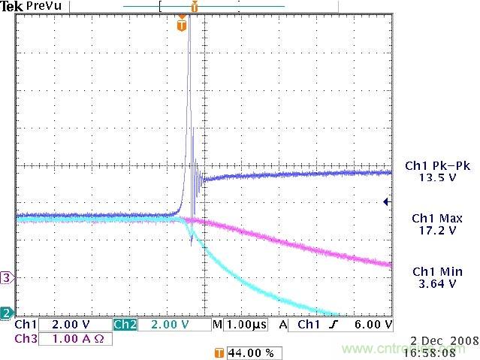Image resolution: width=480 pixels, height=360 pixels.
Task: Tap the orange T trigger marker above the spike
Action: coord(181,26)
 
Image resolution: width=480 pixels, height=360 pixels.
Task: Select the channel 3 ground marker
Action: coord(7,277)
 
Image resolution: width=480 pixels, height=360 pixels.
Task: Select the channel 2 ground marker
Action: coord(7,313)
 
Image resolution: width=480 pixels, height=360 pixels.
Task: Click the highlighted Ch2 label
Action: coord(125,325)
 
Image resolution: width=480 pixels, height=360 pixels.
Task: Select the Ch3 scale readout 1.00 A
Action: coord(72,339)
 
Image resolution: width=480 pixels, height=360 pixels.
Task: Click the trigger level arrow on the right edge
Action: coord(386,201)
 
